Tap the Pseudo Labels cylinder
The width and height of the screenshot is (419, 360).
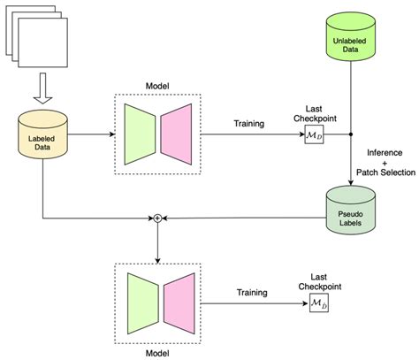pos(352,211)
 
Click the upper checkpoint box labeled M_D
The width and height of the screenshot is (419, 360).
pos(314,135)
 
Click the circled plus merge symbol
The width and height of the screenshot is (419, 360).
pos(157,217)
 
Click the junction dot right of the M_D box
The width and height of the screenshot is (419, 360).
pos(352,135)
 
